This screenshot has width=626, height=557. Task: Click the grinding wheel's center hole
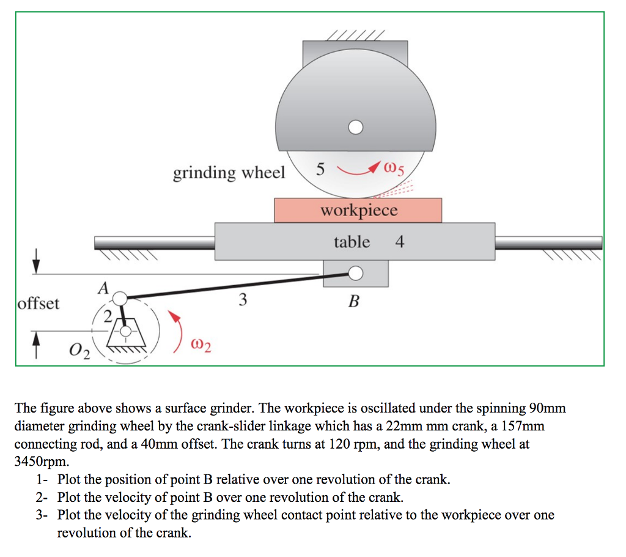355,127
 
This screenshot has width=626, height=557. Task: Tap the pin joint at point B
355,273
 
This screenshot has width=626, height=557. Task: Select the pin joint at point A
120,298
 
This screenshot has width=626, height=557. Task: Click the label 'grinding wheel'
229,173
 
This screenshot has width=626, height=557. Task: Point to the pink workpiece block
358,210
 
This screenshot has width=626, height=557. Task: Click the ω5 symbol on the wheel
394,168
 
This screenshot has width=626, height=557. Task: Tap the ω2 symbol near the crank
202,347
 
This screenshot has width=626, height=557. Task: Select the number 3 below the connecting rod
243,300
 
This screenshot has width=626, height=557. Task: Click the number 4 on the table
399,242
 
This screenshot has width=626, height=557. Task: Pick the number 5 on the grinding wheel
322,169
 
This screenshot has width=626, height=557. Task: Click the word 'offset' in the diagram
39,303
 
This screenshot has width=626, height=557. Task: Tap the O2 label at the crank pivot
79,352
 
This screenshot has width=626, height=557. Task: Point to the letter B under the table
353,301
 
